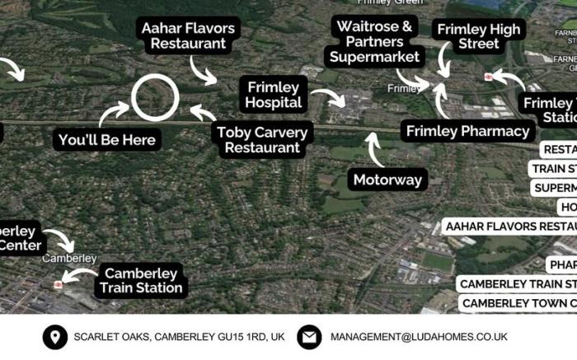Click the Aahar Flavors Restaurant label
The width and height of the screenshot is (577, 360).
point(188,35)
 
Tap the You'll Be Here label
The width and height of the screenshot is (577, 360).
point(106,140)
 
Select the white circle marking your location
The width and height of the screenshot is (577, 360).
point(155,97)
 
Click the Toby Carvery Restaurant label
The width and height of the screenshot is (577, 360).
point(262,140)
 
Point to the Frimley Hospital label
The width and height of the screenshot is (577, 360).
point(274,95)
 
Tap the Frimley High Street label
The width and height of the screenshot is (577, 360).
point(479,36)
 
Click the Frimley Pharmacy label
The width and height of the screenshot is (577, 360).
point(467,131)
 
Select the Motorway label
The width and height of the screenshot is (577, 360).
point(387,180)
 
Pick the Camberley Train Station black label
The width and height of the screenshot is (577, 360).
point(143,281)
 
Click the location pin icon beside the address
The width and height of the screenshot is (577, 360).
point(55,337)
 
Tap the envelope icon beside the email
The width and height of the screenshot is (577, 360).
point(309,337)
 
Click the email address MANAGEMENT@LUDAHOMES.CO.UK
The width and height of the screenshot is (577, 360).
point(419,337)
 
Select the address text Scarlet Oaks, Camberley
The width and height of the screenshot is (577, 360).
point(179,337)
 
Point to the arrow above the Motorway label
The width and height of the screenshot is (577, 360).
point(373,149)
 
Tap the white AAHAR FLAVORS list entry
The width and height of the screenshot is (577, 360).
point(509,227)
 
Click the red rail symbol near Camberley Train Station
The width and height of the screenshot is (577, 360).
point(59,284)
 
